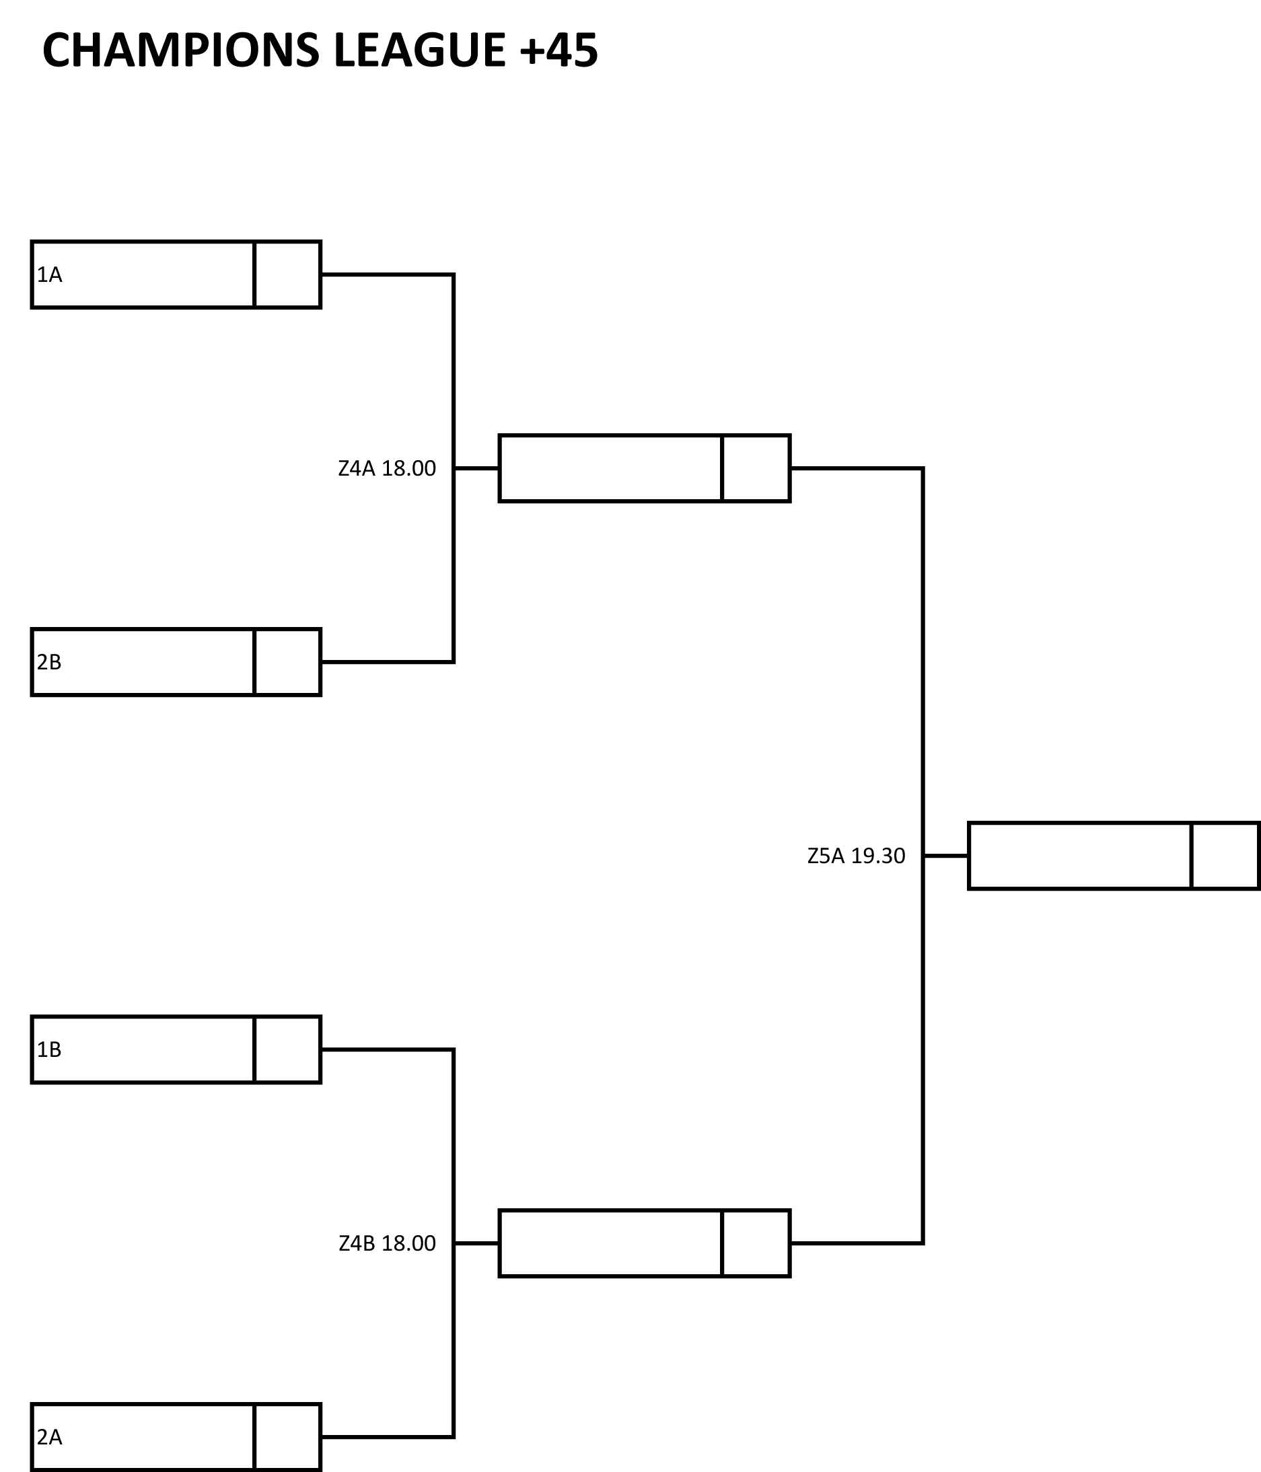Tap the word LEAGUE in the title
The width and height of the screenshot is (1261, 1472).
coord(419,50)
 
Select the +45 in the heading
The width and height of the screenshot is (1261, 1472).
coord(559,50)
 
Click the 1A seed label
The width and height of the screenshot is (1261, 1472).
coord(50,275)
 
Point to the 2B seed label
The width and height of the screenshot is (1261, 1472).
coord(50,662)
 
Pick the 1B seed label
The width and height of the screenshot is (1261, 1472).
coord(50,1050)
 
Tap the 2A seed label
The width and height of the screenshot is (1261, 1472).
coord(50,1437)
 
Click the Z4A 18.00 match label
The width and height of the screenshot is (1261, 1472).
coord(387,469)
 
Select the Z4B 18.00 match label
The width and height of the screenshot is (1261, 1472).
coord(387,1243)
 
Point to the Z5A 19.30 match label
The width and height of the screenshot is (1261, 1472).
coord(857,856)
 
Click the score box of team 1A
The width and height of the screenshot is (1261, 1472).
coord(288,275)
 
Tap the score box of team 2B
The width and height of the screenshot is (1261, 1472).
coord(288,662)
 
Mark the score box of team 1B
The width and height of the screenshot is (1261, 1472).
coord(288,1050)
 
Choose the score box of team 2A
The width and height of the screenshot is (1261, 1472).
coord(288,1437)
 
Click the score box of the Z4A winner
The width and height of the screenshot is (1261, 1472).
coord(756,469)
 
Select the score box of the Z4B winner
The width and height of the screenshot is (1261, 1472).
coord(756,1243)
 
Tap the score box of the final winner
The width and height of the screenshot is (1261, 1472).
coord(1225,856)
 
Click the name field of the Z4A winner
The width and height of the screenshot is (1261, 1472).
coord(611,469)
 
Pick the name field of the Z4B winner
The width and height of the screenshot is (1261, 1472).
coord(611,1243)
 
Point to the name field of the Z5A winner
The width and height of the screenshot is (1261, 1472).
coord(1080,856)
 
